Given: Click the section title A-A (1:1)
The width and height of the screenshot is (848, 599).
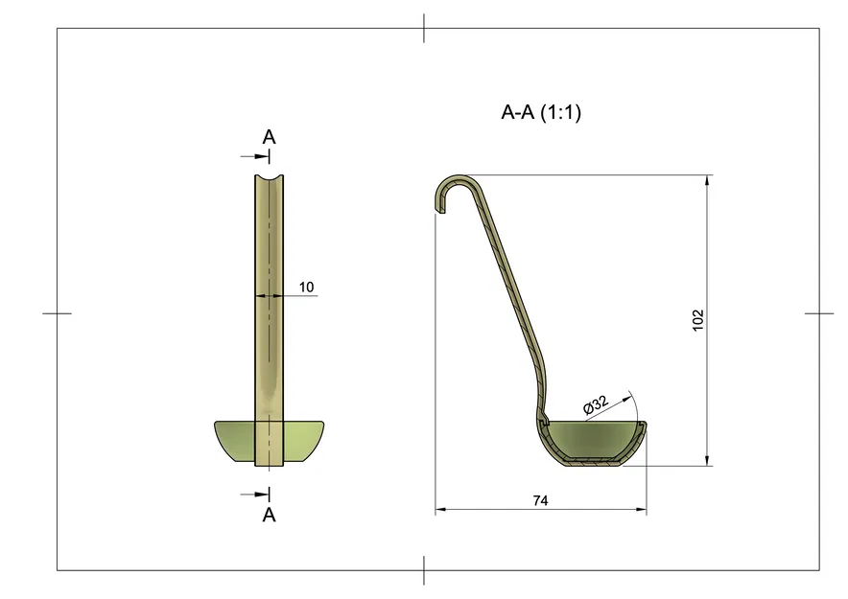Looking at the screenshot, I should pos(541,112).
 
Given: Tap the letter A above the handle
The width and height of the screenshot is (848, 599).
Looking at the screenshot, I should pos(270,137).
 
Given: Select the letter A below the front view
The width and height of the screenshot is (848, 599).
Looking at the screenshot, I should pos(270,515).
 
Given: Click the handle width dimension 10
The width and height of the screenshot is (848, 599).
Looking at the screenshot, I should pos(307,287).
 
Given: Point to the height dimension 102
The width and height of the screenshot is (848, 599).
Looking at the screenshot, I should pos(697,320).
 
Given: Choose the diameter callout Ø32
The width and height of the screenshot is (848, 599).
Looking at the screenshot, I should pos(596,405).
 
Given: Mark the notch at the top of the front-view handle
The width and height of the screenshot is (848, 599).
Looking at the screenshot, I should pos(270,179).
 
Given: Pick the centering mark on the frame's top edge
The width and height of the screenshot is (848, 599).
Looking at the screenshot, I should pos(424,28).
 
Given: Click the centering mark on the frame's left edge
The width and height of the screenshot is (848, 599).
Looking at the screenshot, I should pos(57,313).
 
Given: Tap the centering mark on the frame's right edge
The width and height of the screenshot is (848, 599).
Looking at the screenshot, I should pos(819,313).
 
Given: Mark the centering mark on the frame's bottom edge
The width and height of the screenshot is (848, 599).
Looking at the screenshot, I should pos(424,570).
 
